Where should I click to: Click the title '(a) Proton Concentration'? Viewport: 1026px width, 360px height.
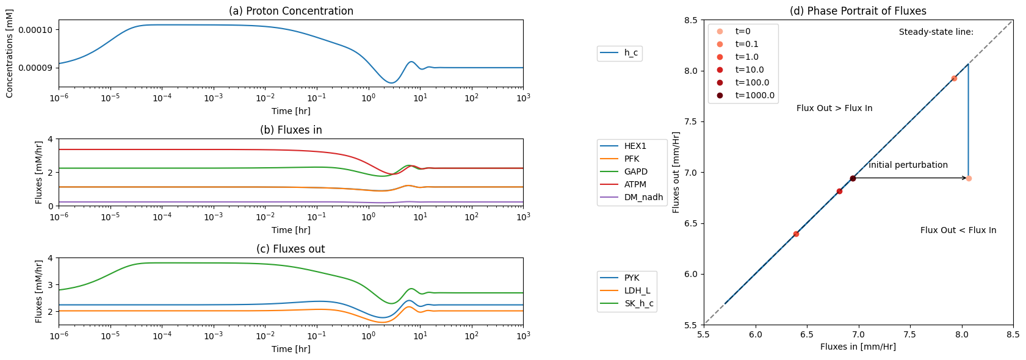(x=291, y=11)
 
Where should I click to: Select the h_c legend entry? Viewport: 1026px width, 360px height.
(x=620, y=52)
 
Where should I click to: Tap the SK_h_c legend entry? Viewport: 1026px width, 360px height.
(x=626, y=303)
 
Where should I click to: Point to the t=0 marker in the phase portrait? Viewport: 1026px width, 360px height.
(x=969, y=179)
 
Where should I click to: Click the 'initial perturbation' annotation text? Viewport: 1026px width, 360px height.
(x=908, y=165)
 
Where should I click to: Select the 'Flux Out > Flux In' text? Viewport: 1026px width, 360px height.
(x=834, y=108)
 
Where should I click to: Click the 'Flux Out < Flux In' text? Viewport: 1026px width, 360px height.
(x=958, y=230)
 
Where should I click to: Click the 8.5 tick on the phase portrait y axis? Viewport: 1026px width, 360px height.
(x=691, y=20)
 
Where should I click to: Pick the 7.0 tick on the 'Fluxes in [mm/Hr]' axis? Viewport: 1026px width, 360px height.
(x=858, y=335)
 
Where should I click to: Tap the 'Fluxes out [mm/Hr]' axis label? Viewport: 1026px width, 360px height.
(x=676, y=172)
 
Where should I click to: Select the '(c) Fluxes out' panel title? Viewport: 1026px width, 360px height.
(x=291, y=249)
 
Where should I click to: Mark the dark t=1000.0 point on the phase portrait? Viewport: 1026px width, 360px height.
(x=853, y=179)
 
